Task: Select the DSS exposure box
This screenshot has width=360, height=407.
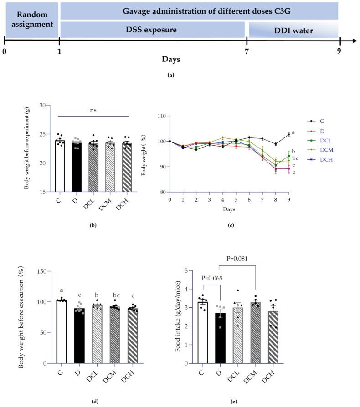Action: pos(151,30)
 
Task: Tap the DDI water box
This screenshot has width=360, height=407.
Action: pos(293,30)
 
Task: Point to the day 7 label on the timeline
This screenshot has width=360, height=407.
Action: pos(247,51)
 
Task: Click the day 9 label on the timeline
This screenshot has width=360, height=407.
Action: pos(339,51)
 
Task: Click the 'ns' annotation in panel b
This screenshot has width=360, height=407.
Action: pos(93,109)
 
